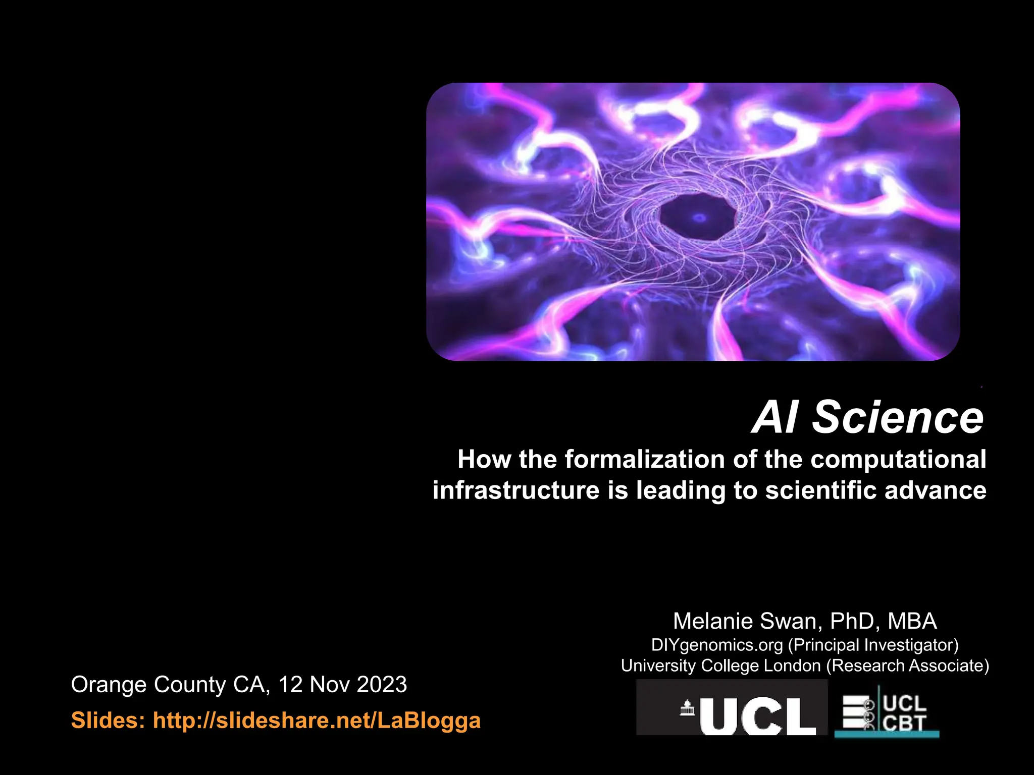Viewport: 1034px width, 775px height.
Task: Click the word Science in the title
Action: [x=898, y=417]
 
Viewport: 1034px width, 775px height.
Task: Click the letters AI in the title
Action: [x=775, y=417]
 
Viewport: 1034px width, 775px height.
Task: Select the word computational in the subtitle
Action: [x=898, y=460]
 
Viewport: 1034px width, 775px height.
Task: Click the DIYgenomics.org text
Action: [x=717, y=645]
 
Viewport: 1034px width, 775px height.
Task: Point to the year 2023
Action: [x=382, y=685]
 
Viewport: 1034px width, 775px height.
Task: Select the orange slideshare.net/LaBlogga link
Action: [x=317, y=720]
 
